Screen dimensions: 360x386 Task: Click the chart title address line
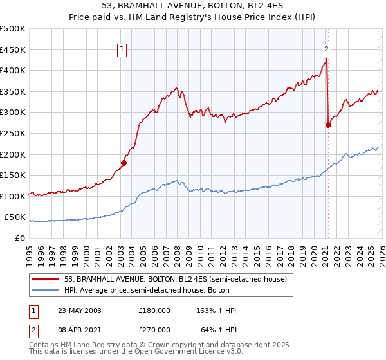[x=193, y=6]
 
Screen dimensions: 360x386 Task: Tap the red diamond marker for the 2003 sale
[x=124, y=163]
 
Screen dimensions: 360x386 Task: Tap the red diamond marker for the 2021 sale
[x=328, y=125]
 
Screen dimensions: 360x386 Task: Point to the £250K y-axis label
[x=13, y=133]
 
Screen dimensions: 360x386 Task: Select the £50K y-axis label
[x=15, y=217]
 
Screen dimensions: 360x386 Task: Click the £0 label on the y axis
[x=19, y=239]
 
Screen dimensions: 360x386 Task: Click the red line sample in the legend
[x=46, y=278]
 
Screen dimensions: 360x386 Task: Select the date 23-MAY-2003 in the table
[x=80, y=310]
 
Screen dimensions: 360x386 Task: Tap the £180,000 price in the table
[x=154, y=310]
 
